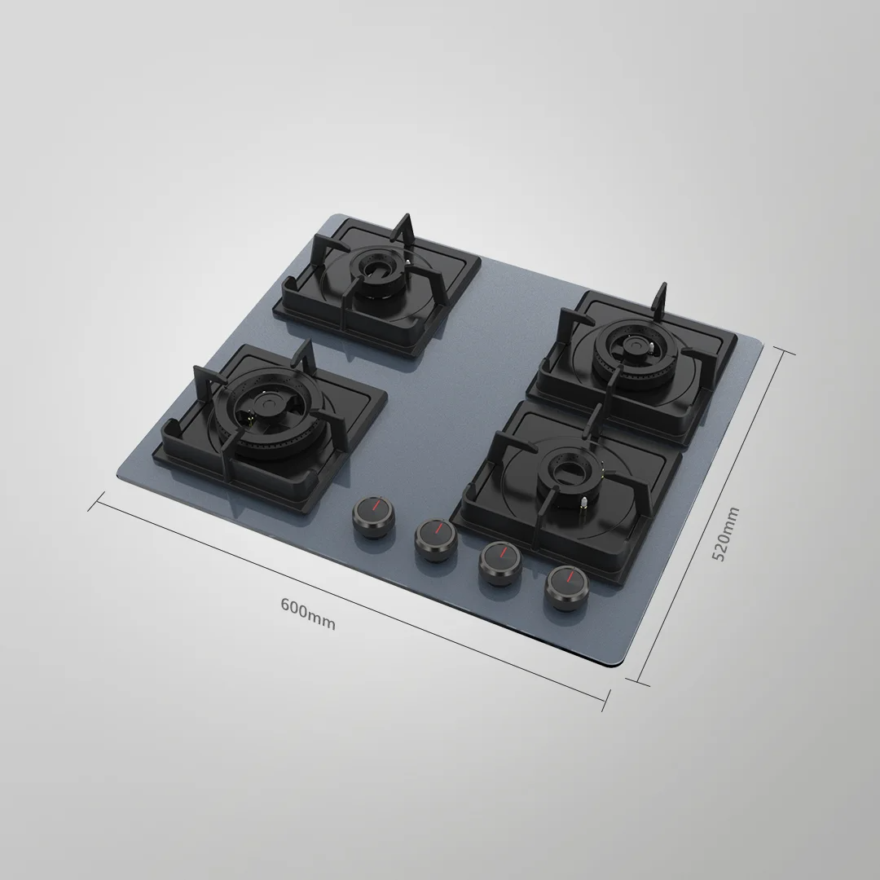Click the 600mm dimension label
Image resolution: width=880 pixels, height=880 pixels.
(307, 614)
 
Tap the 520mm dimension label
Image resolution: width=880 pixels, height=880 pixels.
(725, 533)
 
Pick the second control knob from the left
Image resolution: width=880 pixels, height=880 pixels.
(436, 539)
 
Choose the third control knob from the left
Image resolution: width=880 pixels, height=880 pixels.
(500, 562)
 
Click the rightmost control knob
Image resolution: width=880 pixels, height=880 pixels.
(567, 587)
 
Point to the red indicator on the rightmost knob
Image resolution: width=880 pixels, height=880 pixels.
(569, 577)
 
